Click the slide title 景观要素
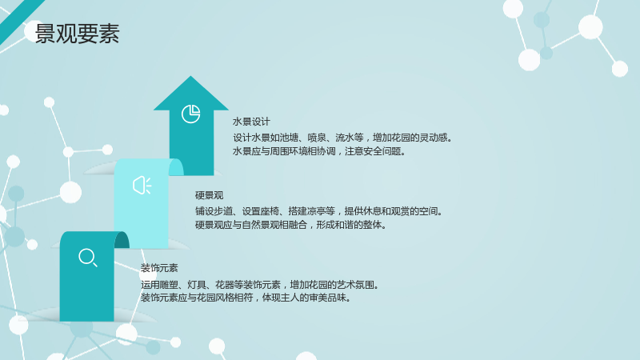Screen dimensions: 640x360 coord(77,34)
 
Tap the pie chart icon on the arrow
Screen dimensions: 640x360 coord(190,114)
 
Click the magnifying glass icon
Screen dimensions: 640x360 coord(88,258)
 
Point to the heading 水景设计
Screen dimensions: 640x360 coord(251,122)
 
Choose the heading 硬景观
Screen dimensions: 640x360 coord(209,195)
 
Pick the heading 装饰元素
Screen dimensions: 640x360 coord(159,268)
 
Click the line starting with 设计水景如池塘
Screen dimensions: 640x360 coord(343,138)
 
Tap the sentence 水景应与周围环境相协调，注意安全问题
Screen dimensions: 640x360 coord(319,151)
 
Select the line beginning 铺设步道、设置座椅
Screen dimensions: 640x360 coord(318,211)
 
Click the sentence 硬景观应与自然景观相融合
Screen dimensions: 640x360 coord(290,225)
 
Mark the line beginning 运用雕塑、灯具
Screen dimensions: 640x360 coord(260,285)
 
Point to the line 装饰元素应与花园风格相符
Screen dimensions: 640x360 coord(246,298)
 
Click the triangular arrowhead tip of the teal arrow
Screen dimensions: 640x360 coord(190,76)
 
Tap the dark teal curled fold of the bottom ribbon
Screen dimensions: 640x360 coord(122,239)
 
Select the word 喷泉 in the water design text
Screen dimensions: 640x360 coord(317,138)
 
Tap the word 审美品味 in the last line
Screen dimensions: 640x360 coord(327,298)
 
